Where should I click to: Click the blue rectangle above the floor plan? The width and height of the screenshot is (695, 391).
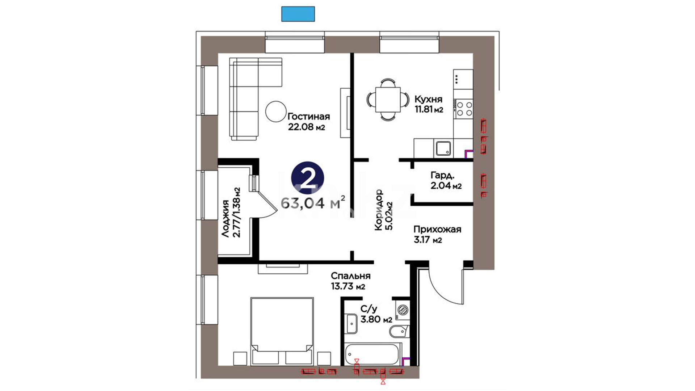[x=298, y=14]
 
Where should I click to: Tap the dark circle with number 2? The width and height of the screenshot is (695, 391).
[x=307, y=177]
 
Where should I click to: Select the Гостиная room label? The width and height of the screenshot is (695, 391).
[x=309, y=117]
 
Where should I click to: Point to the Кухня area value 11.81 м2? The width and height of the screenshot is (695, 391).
[x=429, y=109]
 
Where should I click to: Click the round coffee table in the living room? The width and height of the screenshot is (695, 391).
[x=276, y=112]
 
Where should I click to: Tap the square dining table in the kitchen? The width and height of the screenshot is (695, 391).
[x=388, y=99]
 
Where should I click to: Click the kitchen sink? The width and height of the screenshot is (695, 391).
[x=443, y=148]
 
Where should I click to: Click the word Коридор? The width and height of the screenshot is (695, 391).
[x=379, y=210]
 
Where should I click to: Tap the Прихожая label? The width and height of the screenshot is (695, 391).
[x=437, y=230]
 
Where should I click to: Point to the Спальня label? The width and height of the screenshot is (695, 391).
[x=351, y=276]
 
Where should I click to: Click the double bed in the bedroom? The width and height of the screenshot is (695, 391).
[x=282, y=331]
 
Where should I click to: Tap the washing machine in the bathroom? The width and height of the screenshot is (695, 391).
[x=403, y=310]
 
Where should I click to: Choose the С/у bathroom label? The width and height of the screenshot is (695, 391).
[x=369, y=309]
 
